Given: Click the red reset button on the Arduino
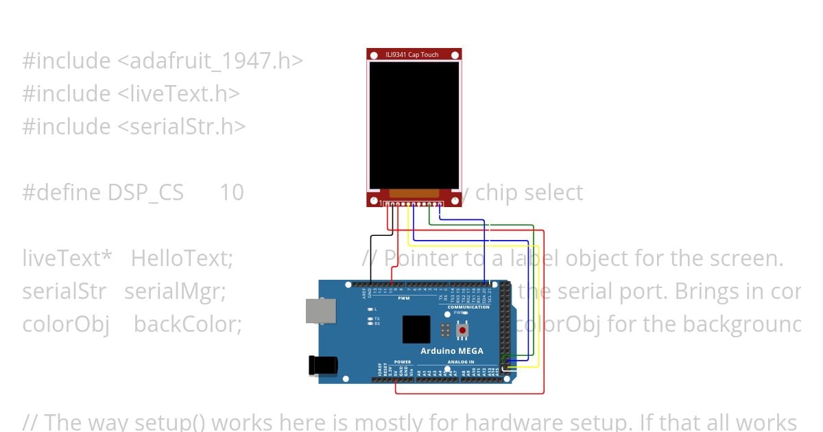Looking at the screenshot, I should pos(463,331).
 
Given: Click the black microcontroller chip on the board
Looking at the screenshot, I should pos(416,329).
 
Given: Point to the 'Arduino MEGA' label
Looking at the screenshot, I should pos(452,350).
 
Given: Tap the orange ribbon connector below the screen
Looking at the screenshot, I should pos(414,194).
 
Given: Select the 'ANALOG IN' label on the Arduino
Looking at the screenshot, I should pos(461,361).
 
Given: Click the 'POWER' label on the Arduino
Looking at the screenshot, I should pos(403,361).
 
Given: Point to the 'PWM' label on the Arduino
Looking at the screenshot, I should pos(403,298).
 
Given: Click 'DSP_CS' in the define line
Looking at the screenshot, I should pos(145,193).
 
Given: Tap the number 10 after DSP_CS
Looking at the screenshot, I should pos(231,193).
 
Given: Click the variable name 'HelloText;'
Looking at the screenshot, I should pos(182,259).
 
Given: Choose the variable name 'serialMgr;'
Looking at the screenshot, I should pos(175,291).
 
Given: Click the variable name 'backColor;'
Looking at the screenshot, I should pos(187,324).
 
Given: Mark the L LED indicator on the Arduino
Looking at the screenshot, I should pos(370,309).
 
